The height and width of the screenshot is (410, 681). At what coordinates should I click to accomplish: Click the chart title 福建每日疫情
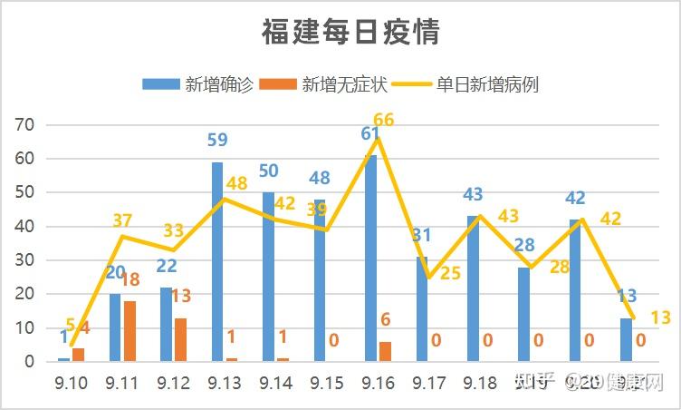tap(350, 33)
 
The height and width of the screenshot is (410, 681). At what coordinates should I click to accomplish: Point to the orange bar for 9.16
tap(385, 351)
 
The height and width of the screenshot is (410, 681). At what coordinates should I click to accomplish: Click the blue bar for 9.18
tap(473, 288)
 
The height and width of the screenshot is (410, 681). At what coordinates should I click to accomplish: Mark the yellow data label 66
tap(383, 121)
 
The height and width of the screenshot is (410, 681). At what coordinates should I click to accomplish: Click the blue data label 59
tap(217, 141)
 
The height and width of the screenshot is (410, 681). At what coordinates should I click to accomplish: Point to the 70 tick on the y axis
tap(24, 125)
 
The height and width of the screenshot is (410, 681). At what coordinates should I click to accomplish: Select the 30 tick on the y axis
tap(24, 260)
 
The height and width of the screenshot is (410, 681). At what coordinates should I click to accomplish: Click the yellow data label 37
tap(122, 220)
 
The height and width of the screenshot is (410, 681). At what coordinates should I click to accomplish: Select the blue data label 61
tap(369, 134)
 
